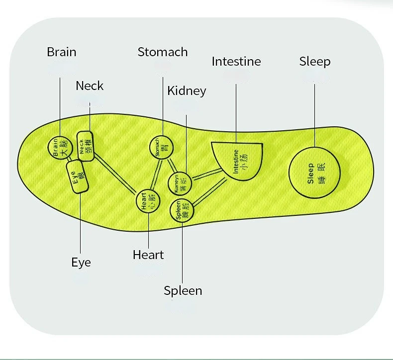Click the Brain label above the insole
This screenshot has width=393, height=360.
point(61,52)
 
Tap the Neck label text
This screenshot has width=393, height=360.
point(90,86)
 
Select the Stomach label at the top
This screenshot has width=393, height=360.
point(163,52)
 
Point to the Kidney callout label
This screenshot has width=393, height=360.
point(187,91)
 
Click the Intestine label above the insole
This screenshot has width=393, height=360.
point(236,61)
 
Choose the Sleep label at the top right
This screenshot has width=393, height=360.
point(314,61)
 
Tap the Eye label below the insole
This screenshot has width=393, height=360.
point(81,262)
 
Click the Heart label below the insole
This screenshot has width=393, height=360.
point(148,255)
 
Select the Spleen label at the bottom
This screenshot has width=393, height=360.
point(183,290)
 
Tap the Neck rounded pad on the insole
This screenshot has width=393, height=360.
point(85,146)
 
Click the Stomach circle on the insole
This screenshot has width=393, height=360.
point(161,148)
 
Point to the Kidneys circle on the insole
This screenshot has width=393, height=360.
point(180,183)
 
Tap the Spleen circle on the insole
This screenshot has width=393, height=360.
point(182,211)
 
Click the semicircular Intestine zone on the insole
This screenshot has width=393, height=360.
point(238,159)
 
